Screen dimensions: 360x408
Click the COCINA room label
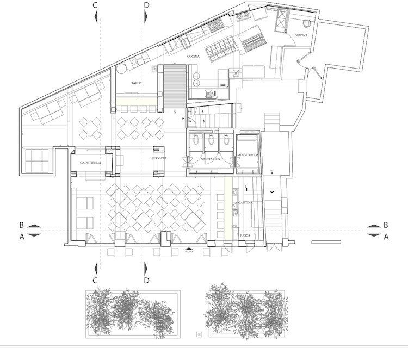tap(193, 56)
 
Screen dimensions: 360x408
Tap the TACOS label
tap(137, 83)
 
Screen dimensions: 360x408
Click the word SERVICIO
tap(159, 158)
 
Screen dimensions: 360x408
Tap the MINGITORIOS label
tap(248, 155)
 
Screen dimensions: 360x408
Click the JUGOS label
tap(245, 236)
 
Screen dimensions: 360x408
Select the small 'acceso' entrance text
tap(189, 251)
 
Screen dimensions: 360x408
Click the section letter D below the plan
tap(146, 280)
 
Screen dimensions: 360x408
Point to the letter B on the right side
tap(386, 225)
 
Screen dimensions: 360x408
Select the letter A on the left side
tap(22, 237)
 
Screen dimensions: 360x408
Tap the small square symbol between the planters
tap(199, 333)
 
